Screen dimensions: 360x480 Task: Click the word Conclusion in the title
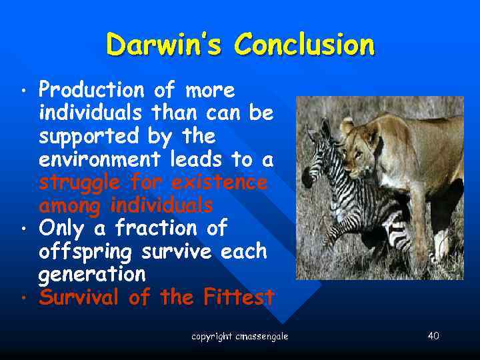304,45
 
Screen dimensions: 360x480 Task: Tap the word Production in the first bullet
91,90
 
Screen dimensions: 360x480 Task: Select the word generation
92,275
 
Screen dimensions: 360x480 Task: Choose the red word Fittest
237,297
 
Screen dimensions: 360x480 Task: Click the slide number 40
433,335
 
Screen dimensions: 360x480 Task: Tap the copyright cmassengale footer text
240,337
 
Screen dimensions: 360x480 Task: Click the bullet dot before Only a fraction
23,229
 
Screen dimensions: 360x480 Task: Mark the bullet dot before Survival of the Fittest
23,298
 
